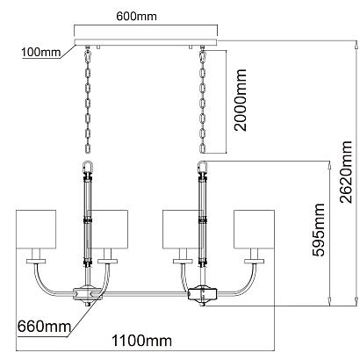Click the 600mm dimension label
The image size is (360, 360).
[136, 17]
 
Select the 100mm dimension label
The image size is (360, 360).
[41, 53]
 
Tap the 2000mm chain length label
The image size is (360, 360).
[241, 100]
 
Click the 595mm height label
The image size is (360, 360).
[319, 230]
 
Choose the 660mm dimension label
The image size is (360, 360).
[44, 326]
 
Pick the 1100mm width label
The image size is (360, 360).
[142, 341]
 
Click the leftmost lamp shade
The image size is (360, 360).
[36, 229]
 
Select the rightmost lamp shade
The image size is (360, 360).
[254, 229]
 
